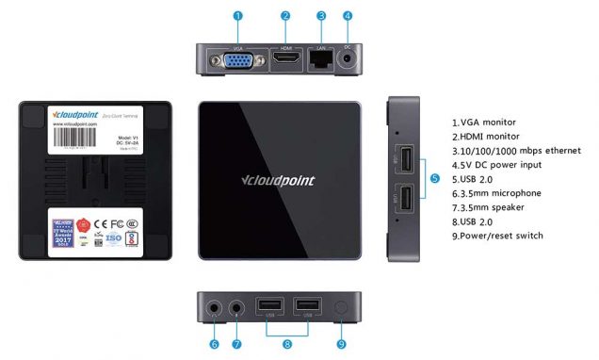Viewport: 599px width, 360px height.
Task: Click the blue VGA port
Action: (236, 60)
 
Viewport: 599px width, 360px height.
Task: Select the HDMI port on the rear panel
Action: (286, 59)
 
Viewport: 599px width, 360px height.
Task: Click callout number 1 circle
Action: (237, 16)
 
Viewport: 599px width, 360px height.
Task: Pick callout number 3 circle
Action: (322, 16)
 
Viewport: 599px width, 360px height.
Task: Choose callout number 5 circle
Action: (434, 178)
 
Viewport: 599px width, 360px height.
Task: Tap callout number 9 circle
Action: (341, 344)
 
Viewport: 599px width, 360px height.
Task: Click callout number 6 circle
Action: (214, 344)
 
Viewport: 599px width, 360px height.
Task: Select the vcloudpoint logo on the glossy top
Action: (278, 180)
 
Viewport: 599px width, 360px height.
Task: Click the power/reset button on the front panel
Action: (341, 307)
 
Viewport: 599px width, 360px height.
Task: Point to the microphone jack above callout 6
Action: (214, 306)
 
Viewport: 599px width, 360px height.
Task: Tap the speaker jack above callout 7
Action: (237, 306)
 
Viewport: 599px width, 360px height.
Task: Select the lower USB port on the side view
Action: (405, 200)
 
